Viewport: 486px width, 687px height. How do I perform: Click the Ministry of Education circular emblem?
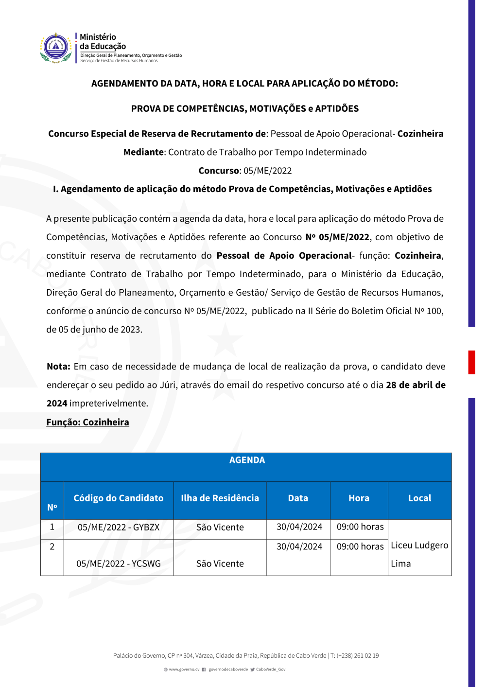pos(56,48)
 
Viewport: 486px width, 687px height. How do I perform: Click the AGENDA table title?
pos(247,460)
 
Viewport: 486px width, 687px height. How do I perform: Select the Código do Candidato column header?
pos(118,498)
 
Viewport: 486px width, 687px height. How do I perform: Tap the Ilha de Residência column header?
pos(220,498)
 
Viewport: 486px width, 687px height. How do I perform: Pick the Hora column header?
pos(359,498)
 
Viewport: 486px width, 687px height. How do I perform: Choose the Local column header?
pos(419,498)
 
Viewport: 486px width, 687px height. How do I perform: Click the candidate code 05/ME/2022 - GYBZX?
pos(119,527)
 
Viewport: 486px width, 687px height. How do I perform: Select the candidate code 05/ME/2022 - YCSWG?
pos(119,564)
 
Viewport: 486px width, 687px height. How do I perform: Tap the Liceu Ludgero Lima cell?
pos(419,554)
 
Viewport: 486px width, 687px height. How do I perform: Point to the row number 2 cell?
pos(52,546)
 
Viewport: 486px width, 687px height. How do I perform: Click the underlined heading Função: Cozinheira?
pos(87,422)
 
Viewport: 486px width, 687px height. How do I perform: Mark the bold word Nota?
pos(58,367)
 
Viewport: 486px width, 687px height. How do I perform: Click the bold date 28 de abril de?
pos(416,385)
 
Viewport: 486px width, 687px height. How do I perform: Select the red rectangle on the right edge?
pos(471,362)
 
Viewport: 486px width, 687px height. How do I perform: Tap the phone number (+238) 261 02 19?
pos(358,655)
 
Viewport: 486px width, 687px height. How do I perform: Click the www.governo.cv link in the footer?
pos(184,669)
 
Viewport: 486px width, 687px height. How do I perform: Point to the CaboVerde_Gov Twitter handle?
pos(271,669)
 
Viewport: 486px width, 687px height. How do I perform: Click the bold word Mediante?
pos(143,152)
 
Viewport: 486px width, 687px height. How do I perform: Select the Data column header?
pos(298,498)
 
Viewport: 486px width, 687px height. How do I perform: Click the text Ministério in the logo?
pos(98,37)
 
